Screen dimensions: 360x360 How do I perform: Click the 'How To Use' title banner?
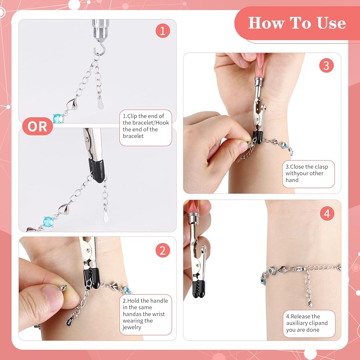pyautogui.click(x=297, y=23)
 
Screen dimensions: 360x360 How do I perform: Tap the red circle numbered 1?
pyautogui.click(x=163, y=31)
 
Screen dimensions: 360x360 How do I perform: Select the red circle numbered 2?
pyautogui.click(x=163, y=250)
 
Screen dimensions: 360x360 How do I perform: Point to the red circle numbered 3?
pyautogui.click(x=326, y=66)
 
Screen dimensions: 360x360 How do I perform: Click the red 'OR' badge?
pyautogui.click(x=37, y=126)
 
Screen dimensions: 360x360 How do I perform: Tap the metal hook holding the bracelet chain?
pyautogui.click(x=100, y=49)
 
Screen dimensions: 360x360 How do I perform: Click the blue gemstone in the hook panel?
pyautogui.click(x=58, y=118)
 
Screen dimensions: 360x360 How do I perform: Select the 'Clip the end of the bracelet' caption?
pyautogui.click(x=145, y=126)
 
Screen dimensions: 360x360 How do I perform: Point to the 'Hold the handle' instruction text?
pyautogui.click(x=145, y=314)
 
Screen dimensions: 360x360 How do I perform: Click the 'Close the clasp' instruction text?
pyautogui.click(x=307, y=174)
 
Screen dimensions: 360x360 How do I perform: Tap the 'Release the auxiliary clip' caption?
pyautogui.click(x=307, y=323)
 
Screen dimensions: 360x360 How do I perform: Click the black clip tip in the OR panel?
pyautogui.click(x=97, y=170)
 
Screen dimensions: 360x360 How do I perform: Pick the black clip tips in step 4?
pyautogui.click(x=199, y=289)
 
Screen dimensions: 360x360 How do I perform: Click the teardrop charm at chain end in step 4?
pyautogui.click(x=310, y=304)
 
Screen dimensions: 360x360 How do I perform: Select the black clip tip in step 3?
pyautogui.click(x=258, y=137)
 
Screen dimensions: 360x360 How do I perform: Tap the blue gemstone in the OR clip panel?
pyautogui.click(x=49, y=221)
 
